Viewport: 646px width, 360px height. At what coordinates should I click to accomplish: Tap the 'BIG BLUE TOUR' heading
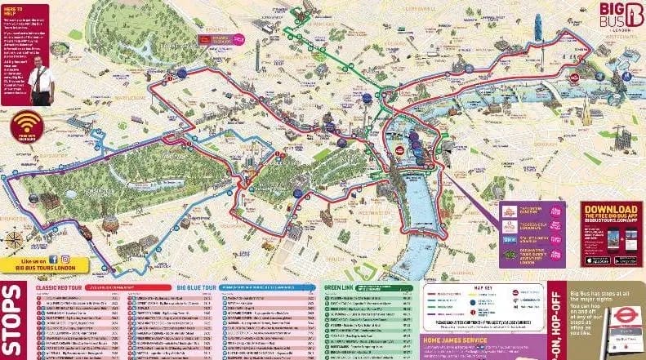click(x=196, y=287)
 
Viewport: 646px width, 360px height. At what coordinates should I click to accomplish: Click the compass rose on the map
click(x=14, y=240)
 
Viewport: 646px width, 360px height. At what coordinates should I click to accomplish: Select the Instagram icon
click(x=65, y=260)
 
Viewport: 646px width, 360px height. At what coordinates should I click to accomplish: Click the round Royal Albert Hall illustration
click(x=109, y=223)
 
